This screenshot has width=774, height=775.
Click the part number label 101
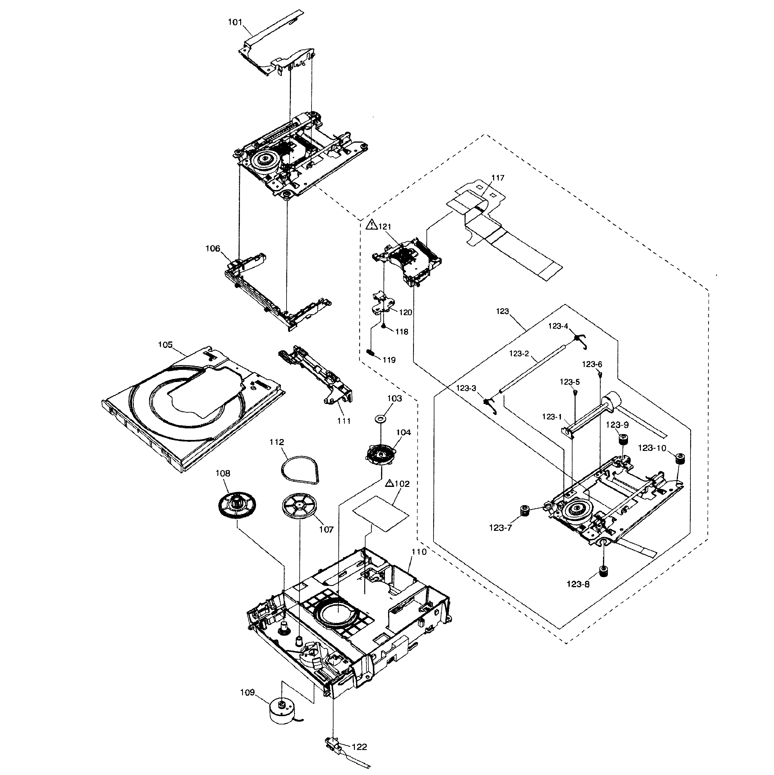235,23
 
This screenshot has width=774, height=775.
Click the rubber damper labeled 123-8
603,571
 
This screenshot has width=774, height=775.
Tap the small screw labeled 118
384,327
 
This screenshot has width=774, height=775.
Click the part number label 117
498,178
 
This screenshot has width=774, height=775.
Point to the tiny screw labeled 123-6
600,375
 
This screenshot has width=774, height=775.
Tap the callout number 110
419,552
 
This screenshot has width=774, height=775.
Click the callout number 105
165,345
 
